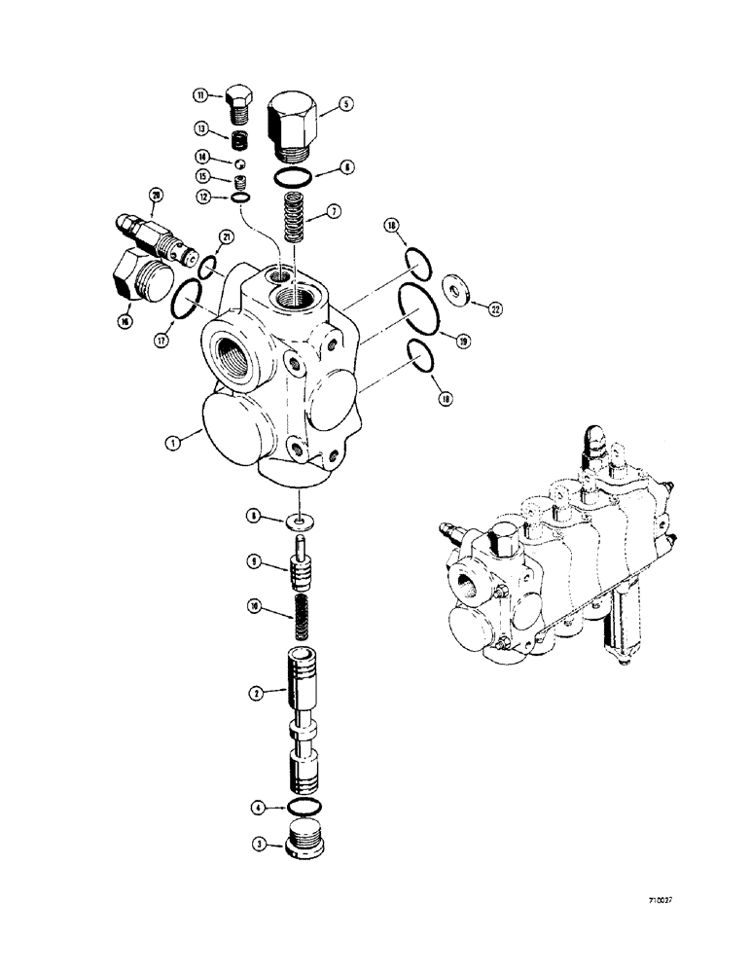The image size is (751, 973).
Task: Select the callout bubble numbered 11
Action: point(200,95)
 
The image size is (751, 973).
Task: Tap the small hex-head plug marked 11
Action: point(239,102)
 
